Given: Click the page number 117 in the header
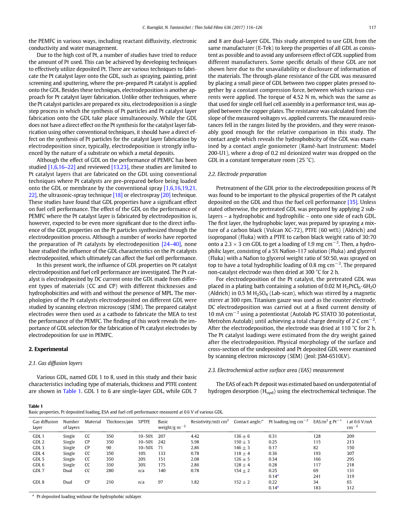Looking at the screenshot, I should (372, 28).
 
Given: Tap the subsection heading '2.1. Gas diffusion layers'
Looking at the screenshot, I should (55, 363).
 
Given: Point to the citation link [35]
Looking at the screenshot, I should (353, 202).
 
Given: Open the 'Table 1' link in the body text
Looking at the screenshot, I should (72, 391).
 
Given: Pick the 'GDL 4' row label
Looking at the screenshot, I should (38, 453).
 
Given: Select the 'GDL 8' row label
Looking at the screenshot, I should (38, 482).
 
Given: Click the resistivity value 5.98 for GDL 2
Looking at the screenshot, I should (195, 441).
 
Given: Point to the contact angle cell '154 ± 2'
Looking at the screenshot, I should (242, 470).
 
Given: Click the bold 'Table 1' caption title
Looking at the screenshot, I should (36, 406).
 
